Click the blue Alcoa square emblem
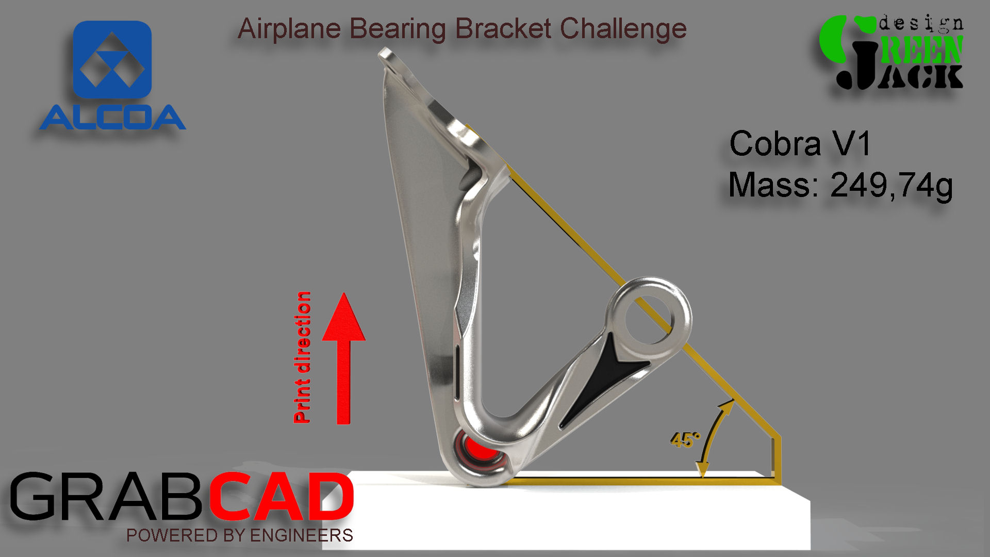(x=112, y=59)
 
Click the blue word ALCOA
(x=112, y=118)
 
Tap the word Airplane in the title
(x=289, y=29)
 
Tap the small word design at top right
(x=921, y=24)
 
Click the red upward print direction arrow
(x=343, y=358)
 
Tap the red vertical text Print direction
(x=302, y=357)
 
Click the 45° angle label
(x=685, y=440)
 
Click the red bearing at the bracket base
(x=477, y=450)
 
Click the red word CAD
(x=282, y=497)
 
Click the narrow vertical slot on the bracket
(x=457, y=372)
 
